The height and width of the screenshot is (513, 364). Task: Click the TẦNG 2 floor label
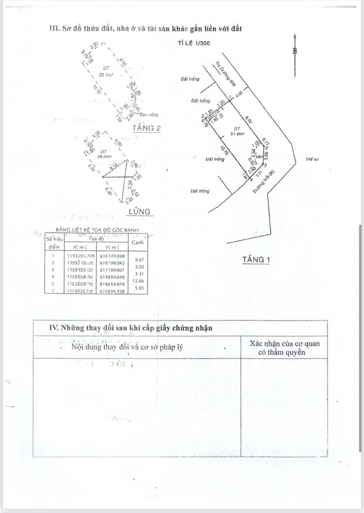tap(146, 128)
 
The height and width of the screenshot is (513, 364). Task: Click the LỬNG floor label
tap(140, 212)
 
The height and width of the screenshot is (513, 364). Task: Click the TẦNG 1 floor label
tap(256, 260)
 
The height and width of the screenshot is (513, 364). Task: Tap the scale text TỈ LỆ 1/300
tap(194, 43)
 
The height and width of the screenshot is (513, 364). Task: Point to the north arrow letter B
tap(295, 51)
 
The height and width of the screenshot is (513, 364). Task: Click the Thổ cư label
tap(312, 159)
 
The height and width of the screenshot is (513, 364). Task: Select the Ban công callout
tap(149, 115)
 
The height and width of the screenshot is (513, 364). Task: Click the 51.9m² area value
tap(237, 134)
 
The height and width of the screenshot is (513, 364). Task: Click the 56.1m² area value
tap(106, 75)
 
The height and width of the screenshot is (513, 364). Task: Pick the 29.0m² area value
tap(104, 156)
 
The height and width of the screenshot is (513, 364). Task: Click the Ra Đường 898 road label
tap(225, 74)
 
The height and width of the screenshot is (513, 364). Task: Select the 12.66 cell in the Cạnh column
tap(138, 281)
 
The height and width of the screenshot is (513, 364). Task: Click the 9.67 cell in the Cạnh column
tap(140, 260)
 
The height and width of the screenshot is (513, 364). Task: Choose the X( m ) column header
tap(80, 247)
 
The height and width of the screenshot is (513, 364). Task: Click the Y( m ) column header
tap(112, 247)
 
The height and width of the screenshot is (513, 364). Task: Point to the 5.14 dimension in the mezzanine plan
tap(113, 167)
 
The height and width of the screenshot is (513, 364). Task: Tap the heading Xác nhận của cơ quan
tap(285, 344)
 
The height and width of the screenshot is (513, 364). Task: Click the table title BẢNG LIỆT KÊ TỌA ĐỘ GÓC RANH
tap(97, 230)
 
